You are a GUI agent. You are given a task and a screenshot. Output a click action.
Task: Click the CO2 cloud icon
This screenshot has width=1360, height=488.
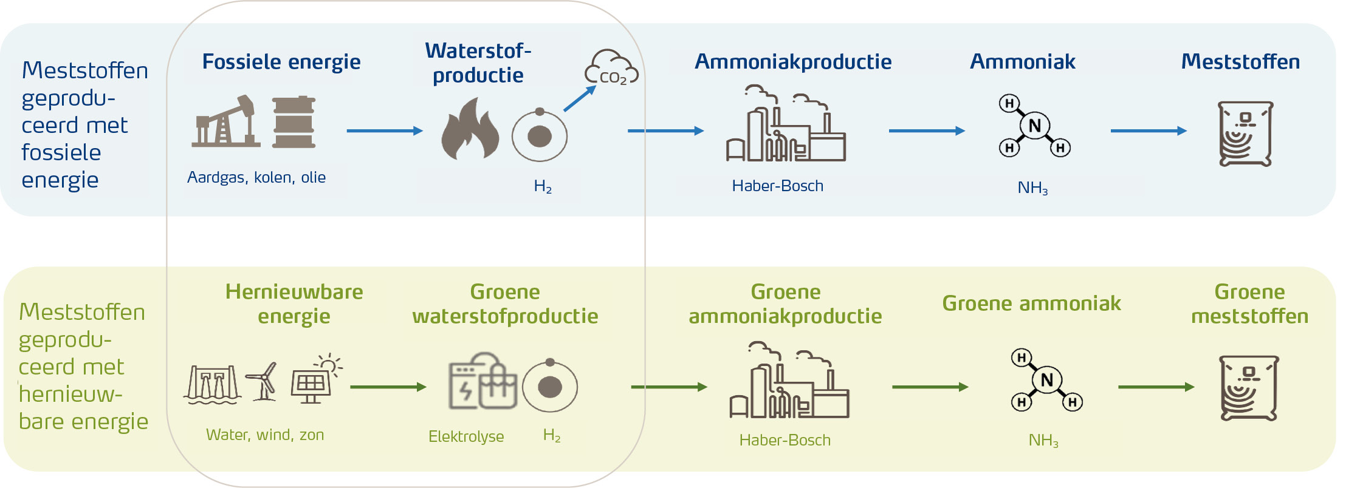click(x=611, y=68)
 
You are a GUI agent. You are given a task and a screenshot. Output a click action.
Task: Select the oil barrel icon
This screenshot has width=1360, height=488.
click(x=294, y=122)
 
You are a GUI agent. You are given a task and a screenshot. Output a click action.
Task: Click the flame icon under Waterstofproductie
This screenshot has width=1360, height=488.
click(x=470, y=130)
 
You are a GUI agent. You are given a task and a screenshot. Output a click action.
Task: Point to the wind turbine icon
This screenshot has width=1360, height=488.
click(x=263, y=381)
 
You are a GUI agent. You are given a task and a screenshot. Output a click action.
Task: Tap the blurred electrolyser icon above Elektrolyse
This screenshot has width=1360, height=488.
click(x=482, y=381)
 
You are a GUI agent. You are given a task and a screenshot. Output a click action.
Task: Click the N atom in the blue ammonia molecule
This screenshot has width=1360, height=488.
click(x=1034, y=126)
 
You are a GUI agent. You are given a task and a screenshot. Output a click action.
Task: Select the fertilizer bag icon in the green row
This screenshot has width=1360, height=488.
click(x=1249, y=388)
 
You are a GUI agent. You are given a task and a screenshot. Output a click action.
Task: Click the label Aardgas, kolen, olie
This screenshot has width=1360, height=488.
click(x=256, y=177)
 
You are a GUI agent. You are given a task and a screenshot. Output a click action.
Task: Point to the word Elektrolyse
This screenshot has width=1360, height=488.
click(x=466, y=436)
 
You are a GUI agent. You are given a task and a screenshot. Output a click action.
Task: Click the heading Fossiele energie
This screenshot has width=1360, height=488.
click(x=281, y=61)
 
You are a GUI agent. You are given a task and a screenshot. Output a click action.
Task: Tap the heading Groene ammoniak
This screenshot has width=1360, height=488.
click(x=1031, y=303)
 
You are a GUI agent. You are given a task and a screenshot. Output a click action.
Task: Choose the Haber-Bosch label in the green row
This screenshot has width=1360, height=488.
click(x=785, y=440)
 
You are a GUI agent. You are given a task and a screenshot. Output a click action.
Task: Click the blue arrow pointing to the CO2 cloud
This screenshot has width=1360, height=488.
click(x=579, y=99)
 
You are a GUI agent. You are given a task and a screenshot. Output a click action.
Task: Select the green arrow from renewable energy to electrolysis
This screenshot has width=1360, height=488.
click(x=388, y=387)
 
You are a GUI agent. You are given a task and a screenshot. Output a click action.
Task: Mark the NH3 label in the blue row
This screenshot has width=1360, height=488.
click(x=1032, y=188)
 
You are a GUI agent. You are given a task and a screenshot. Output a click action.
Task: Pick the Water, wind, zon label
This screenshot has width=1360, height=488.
click(x=265, y=435)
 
